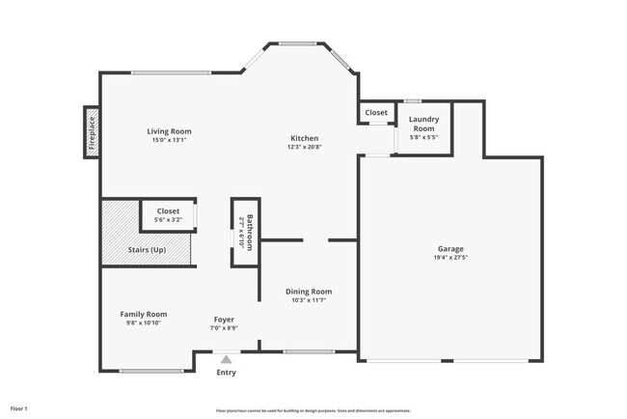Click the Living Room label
tap(169, 131)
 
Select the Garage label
tap(450, 248)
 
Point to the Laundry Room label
tap(423, 124)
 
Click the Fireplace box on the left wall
tap(92, 132)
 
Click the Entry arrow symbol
tap(226, 359)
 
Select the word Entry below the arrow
tap(226, 373)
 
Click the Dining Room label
tap(309, 291)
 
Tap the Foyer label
tap(224, 319)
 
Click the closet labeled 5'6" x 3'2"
tap(168, 215)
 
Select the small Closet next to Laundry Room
tap(376, 113)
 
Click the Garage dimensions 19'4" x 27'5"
tap(450, 258)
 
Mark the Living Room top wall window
tap(172, 73)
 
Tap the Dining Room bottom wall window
tap(310, 351)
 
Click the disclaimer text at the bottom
tap(313, 410)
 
